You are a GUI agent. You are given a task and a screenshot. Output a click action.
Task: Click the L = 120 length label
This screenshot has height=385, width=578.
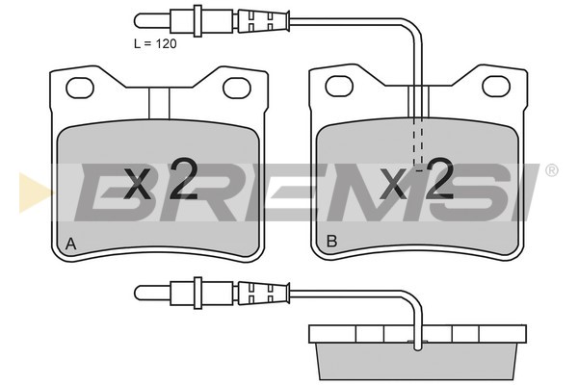tap(155, 44)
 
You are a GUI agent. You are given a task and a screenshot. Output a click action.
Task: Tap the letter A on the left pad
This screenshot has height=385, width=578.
tap(70, 244)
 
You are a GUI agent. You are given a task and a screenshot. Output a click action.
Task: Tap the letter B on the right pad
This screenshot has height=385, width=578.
tap(331, 242)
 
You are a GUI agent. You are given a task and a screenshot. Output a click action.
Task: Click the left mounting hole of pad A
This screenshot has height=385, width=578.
tap(80, 88)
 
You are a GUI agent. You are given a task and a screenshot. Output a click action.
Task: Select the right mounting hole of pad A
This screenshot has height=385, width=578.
tap(237, 88)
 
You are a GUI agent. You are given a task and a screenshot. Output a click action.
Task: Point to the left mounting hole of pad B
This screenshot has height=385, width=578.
tap(339, 86)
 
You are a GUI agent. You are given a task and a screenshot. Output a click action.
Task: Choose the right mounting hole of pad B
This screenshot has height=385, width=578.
tap(496, 86)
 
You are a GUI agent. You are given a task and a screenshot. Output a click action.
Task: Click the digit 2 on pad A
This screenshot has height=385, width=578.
tap(182, 179)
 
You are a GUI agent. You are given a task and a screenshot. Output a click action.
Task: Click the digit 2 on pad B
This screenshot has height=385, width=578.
tap(438, 179)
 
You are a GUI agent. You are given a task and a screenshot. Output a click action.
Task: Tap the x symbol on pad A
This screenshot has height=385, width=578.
tap(137, 183)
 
